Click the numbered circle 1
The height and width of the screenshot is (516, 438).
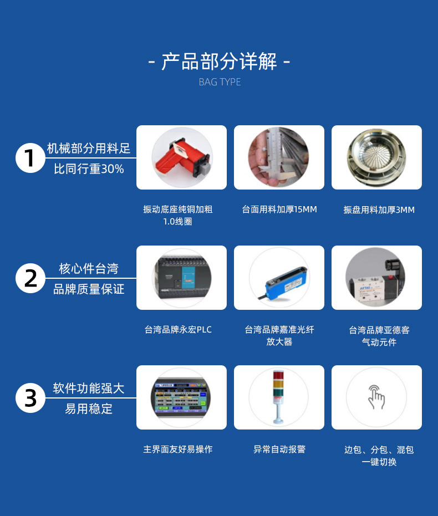point(30,158)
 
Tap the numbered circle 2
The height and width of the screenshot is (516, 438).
point(30,278)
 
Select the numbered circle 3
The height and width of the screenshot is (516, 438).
point(30,398)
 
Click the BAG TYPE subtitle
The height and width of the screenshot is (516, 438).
point(220,82)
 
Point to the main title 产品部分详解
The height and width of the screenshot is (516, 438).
point(219,62)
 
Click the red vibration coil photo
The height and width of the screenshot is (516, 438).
point(182,157)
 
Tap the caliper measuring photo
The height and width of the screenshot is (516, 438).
point(279,157)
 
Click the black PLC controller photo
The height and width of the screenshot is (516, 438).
point(182,278)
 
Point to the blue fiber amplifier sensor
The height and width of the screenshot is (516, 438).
point(286,284)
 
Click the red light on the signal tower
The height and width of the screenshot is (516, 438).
point(278,375)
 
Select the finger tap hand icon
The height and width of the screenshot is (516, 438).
point(376,397)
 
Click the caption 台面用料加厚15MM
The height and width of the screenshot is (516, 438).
point(279,210)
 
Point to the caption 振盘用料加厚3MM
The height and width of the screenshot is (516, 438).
point(379,210)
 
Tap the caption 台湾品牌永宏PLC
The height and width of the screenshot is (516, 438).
point(178,329)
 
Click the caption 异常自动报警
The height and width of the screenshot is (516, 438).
point(279,449)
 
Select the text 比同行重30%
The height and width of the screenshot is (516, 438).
point(89,169)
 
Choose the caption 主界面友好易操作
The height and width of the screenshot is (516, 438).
point(178,449)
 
